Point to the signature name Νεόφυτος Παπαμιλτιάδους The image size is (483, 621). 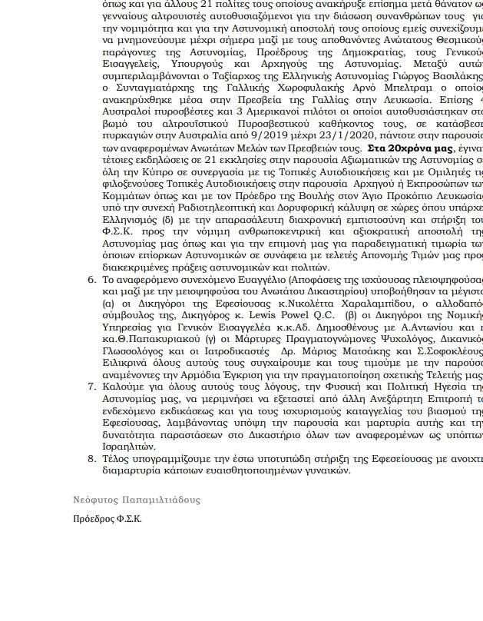click(136, 500)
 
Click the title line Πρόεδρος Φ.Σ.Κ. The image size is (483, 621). click(107, 519)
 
